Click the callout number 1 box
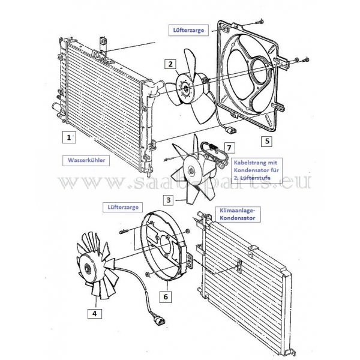pos(69,137)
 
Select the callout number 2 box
pos(170,64)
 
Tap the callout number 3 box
pos(168,200)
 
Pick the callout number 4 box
pos(94,313)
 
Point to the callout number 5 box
pos(267,141)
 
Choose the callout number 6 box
pos(166,296)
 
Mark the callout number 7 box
pos(229,148)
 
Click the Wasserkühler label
pos(86,160)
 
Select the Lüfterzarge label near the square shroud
pos(188,31)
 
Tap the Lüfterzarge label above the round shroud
pos(123,207)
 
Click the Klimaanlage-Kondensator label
pos(238,214)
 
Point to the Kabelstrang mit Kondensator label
pos(256,170)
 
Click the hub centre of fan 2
pos(184,88)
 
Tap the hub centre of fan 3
pos(191,170)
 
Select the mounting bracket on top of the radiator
pos(103,48)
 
